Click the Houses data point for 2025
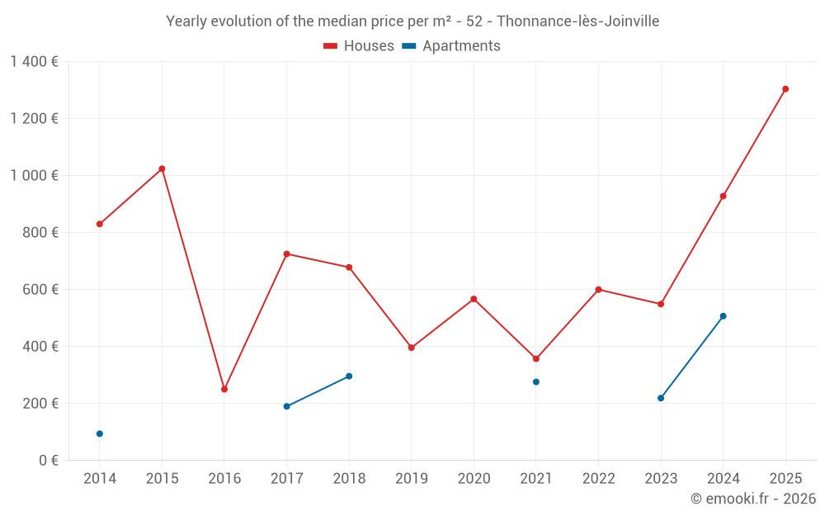tap(785, 89)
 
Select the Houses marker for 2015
tap(162, 168)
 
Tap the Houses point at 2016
tap(224, 389)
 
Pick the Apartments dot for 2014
tap(100, 433)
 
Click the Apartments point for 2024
tap(723, 316)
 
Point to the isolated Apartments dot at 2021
tap(536, 382)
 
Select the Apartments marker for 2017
tap(286, 406)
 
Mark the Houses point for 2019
tap(412, 348)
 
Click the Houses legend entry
tap(359, 46)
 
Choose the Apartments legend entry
tap(451, 46)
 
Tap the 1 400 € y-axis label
tap(34, 62)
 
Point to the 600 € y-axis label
tap(40, 290)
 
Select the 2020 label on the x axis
tap(474, 479)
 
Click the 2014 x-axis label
tap(100, 479)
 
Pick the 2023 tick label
tap(661, 479)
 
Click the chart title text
tap(412, 21)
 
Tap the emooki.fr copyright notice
tap(753, 499)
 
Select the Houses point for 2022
tap(598, 290)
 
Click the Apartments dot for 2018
tap(349, 376)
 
